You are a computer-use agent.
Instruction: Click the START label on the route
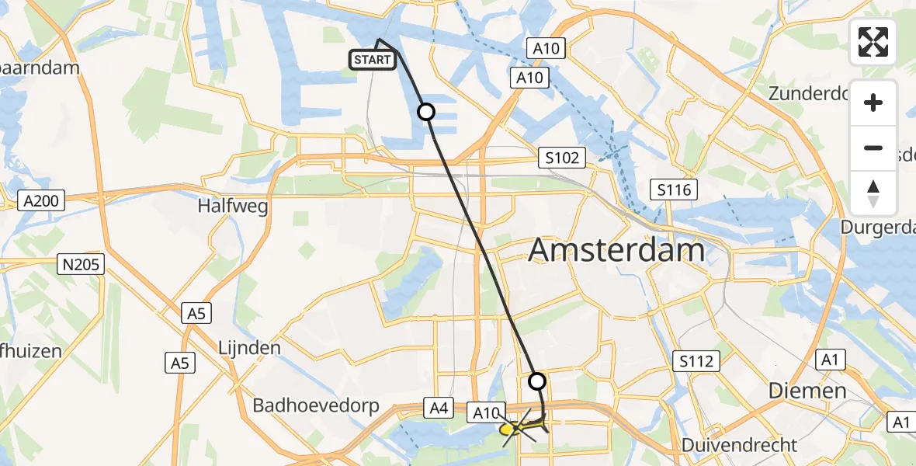tap(373, 60)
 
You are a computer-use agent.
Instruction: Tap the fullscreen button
tap(873, 42)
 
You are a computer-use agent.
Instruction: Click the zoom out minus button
tap(873, 148)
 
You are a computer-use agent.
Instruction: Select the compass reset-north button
tap(873, 193)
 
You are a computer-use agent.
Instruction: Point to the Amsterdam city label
tap(616, 251)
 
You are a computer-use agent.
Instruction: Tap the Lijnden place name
tap(249, 347)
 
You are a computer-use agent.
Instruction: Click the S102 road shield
tap(561, 158)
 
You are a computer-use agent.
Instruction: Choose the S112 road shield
tap(696, 360)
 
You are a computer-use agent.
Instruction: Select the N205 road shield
tap(81, 266)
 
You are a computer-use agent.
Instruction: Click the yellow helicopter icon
tap(519, 426)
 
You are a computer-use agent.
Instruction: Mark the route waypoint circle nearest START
tap(426, 112)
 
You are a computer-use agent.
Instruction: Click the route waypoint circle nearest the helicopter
tap(537, 381)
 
